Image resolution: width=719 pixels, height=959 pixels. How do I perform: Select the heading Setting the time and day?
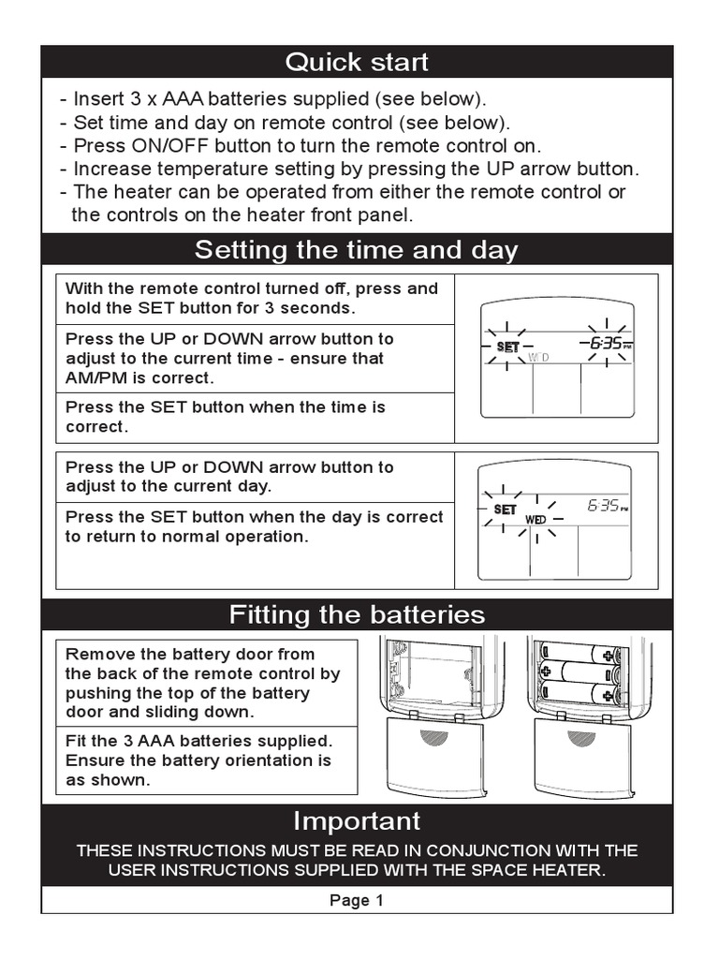point(356,250)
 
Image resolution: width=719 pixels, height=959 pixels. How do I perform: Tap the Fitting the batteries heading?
point(356,614)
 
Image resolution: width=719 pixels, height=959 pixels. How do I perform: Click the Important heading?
point(356,820)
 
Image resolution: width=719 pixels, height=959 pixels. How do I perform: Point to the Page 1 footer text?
point(356,901)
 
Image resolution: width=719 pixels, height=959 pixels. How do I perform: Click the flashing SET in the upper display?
point(506,347)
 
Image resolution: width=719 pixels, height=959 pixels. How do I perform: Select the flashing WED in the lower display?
point(536,519)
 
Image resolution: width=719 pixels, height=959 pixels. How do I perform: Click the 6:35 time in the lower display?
point(604,506)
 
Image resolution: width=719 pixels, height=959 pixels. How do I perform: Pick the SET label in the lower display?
point(505,509)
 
